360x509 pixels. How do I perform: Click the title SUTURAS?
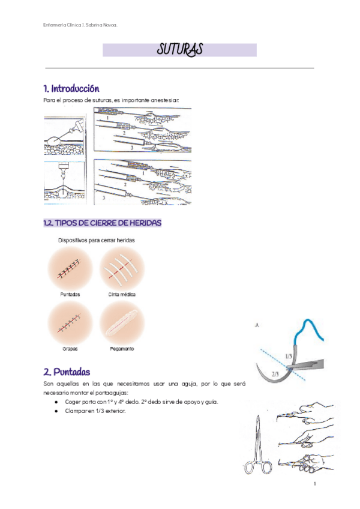click(x=179, y=50)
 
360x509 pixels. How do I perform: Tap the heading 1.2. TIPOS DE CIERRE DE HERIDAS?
click(x=102, y=223)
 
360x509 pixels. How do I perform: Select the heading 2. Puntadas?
click(x=67, y=372)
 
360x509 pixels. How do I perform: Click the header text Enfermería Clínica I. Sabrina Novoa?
click(x=80, y=25)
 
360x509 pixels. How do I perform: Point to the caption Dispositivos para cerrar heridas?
click(x=96, y=240)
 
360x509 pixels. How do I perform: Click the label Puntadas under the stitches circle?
click(x=70, y=295)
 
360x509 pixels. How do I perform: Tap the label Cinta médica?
click(x=122, y=295)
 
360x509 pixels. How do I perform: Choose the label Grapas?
click(x=70, y=348)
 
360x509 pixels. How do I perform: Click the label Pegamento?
click(x=122, y=348)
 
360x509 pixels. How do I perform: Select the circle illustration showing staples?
click(x=70, y=323)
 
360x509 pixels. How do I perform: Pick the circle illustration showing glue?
click(x=122, y=323)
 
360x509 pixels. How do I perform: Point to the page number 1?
click(x=314, y=484)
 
